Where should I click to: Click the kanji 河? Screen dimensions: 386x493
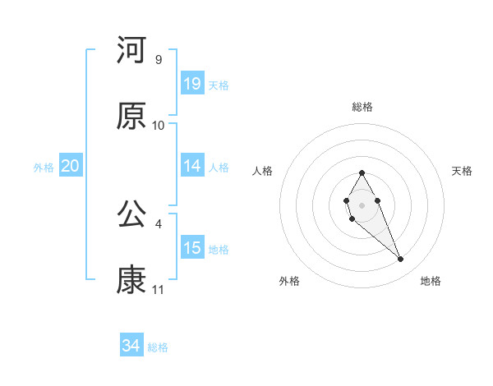tap(131, 50)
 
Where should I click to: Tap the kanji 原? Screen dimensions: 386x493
tap(131, 116)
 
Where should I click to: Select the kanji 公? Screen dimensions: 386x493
tap(131, 214)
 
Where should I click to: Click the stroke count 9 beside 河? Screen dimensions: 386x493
tap(158, 60)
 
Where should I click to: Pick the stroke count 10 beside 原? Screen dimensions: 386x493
tap(158, 126)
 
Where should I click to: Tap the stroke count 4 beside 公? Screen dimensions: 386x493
tap(158, 223)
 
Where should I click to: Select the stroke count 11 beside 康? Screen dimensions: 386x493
tap(158, 290)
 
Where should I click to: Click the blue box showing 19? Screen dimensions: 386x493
tap(192, 84)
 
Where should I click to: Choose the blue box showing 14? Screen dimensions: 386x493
tap(192, 166)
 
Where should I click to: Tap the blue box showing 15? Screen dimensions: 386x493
tap(192, 248)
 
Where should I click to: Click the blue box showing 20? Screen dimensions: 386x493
tap(71, 166)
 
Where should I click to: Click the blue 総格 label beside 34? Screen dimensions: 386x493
tap(158, 347)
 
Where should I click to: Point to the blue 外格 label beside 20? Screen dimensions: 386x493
tap(44, 168)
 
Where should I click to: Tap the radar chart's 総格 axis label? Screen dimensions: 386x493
tap(362, 107)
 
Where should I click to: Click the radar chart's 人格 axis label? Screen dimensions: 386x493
tap(263, 171)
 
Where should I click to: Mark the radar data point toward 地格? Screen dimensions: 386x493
tap(401, 260)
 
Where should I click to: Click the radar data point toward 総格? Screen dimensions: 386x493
tap(362, 172)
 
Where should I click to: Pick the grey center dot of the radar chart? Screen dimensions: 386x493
tap(362, 204)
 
